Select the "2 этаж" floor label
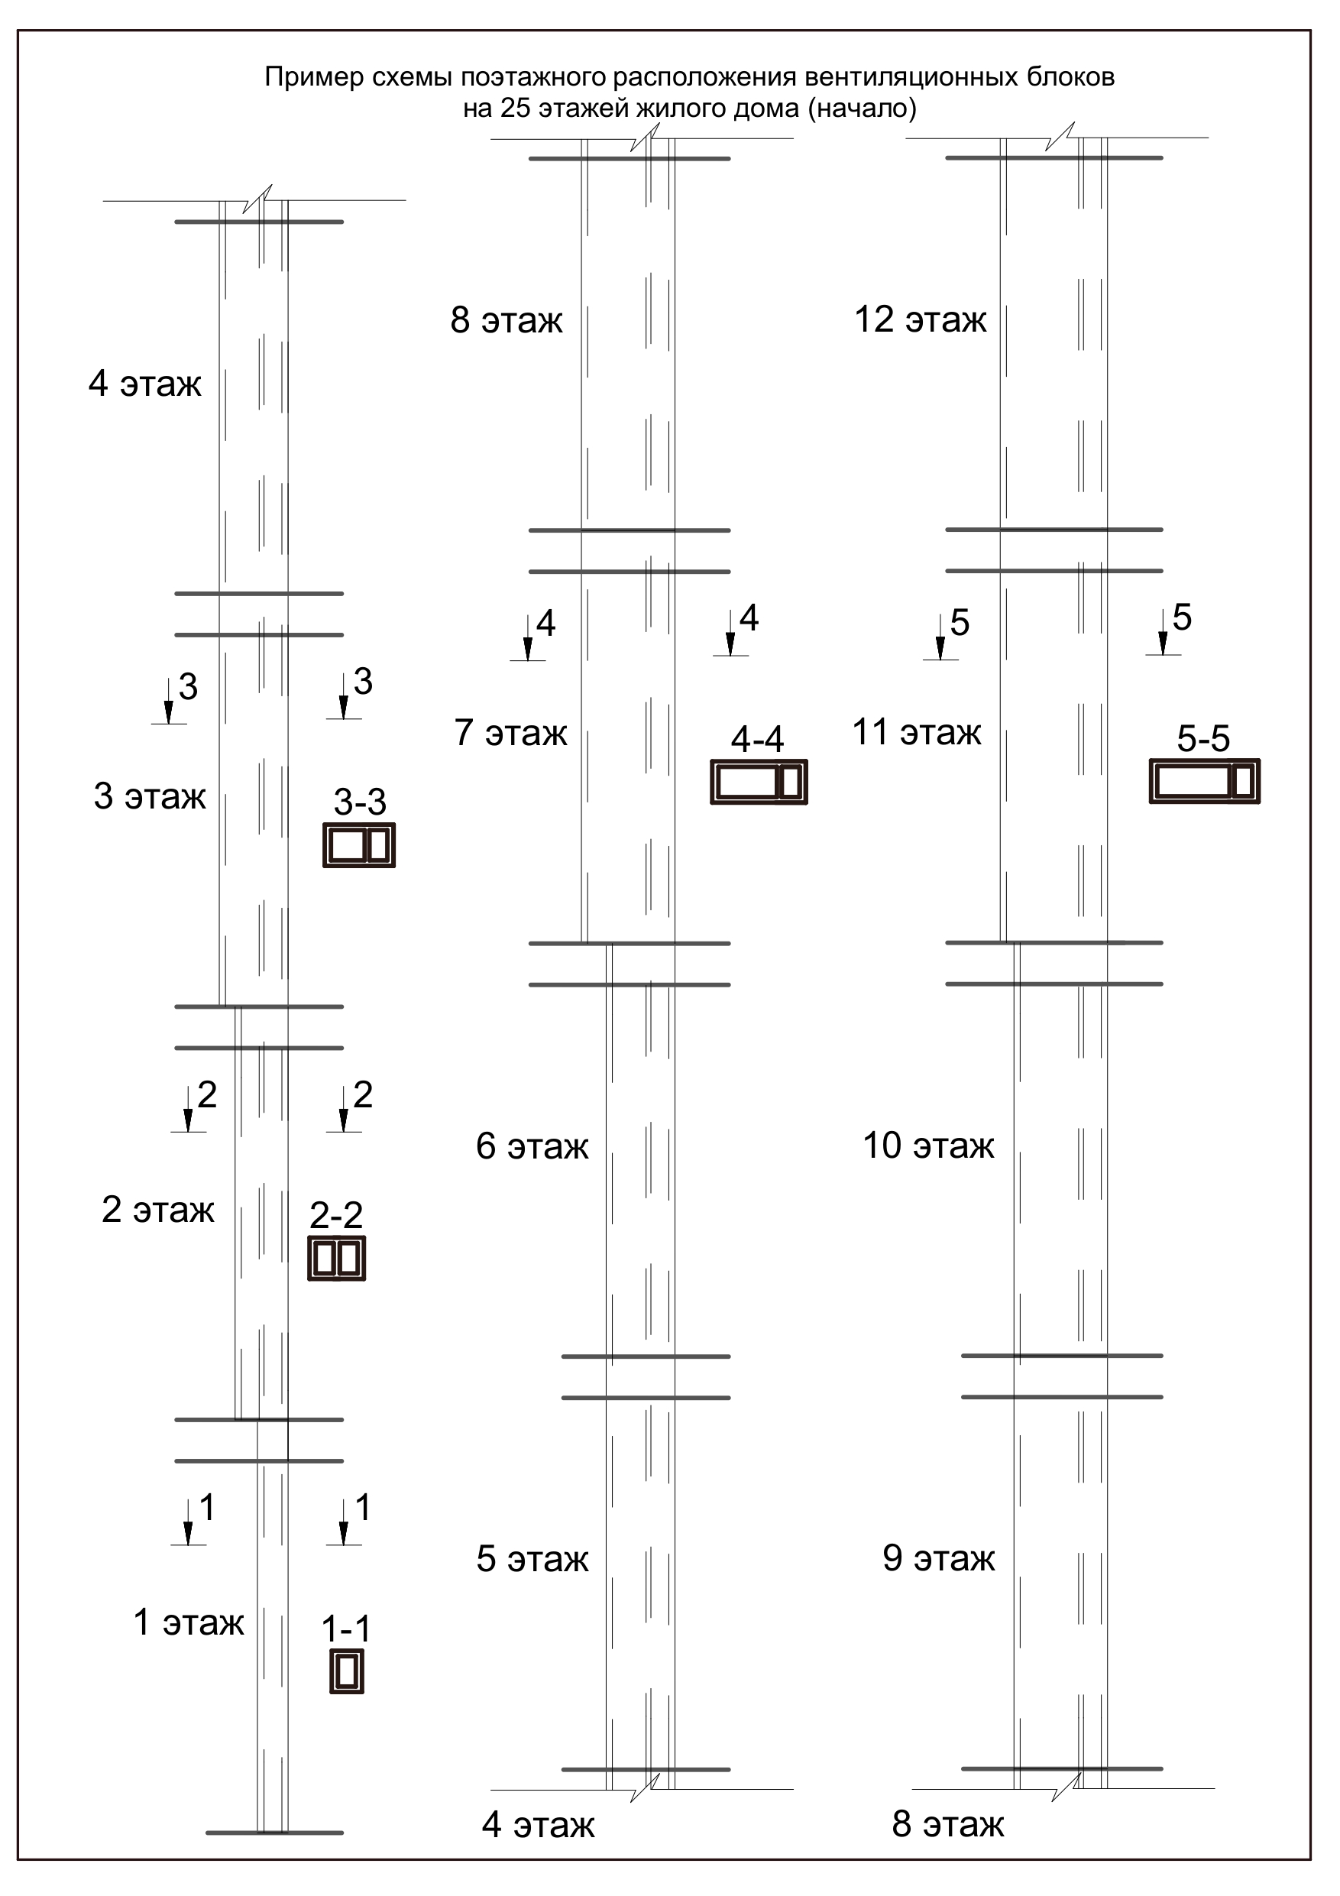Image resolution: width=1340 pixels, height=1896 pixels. pyautogui.click(x=157, y=1210)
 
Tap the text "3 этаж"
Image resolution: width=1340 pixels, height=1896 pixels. pyautogui.click(x=150, y=796)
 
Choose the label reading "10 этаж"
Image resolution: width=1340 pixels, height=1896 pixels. pyautogui.click(x=929, y=1146)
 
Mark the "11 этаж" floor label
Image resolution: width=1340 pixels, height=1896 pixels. pyautogui.click(x=917, y=731)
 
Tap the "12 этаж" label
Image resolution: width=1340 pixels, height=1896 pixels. pyautogui.click(x=921, y=319)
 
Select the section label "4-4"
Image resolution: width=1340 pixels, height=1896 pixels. pyautogui.click(x=757, y=740)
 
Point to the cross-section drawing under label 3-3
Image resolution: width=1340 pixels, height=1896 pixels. pyautogui.click(x=359, y=846)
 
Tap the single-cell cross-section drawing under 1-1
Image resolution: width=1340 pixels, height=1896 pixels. pyautogui.click(x=347, y=1672)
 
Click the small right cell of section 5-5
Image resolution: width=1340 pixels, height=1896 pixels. pyautogui.click(x=1244, y=781)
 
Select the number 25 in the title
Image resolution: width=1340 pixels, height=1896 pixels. pyautogui.click(x=515, y=109)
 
